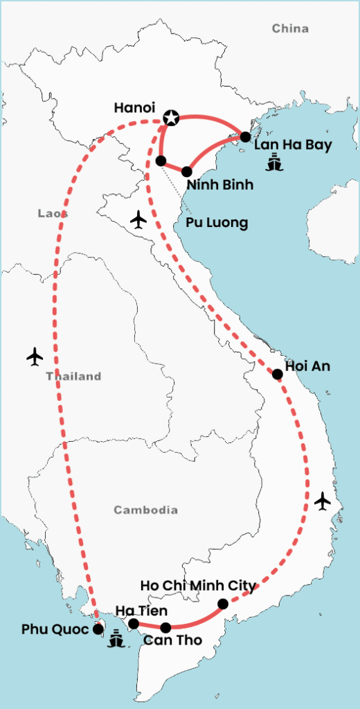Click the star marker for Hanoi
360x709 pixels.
pos(170,118)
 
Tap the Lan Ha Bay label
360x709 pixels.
pos(293,145)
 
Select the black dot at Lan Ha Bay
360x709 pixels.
pos(245,137)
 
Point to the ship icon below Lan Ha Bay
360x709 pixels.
pos(275,164)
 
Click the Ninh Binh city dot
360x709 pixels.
pos(187,172)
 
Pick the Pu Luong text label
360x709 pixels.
pos(217,223)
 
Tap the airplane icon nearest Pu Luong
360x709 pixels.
pos(139,220)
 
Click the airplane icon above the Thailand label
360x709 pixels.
pos(35,357)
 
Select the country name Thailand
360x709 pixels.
pos(73,377)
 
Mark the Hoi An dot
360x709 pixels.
pos(278,375)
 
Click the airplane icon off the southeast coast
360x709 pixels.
pos(322,501)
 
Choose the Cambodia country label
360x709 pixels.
pos(145,510)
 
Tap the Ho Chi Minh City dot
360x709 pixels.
pos(222,604)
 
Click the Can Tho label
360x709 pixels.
pos(172,640)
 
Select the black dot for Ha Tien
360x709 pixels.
pos(134,624)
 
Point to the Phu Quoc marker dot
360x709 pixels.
pos(98,629)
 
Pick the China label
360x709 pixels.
pos(290,28)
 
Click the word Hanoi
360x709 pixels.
pos(134,109)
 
